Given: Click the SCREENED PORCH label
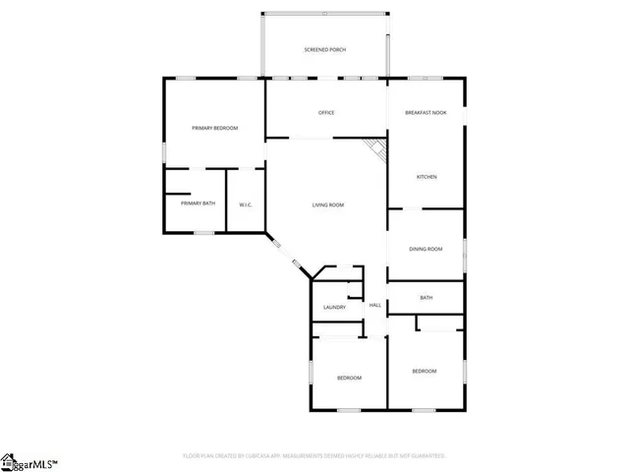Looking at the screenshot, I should pyautogui.click(x=324, y=49).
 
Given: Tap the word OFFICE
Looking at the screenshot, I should pyautogui.click(x=326, y=113).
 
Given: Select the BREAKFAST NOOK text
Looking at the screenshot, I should pyautogui.click(x=426, y=113).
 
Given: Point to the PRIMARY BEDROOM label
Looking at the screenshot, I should pyautogui.click(x=214, y=128).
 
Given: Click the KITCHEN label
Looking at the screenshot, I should pyautogui.click(x=427, y=177).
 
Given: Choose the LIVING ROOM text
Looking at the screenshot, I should pyautogui.click(x=328, y=205).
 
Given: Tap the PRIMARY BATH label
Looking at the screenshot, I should pyautogui.click(x=198, y=204).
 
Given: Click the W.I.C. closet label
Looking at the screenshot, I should pyautogui.click(x=247, y=205).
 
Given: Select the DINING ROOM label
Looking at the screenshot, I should pyautogui.click(x=427, y=249).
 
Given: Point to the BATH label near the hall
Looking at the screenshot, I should pyautogui.click(x=427, y=298).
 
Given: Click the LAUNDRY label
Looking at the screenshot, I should pyautogui.click(x=334, y=308).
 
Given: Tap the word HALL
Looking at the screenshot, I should pyautogui.click(x=375, y=306).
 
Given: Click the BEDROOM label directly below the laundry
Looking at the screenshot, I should pyautogui.click(x=350, y=379).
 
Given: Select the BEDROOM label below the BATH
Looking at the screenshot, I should pyautogui.click(x=424, y=371).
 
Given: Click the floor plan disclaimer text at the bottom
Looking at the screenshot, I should pyautogui.click(x=314, y=456).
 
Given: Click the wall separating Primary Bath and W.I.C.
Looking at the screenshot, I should pyautogui.click(x=227, y=202).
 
